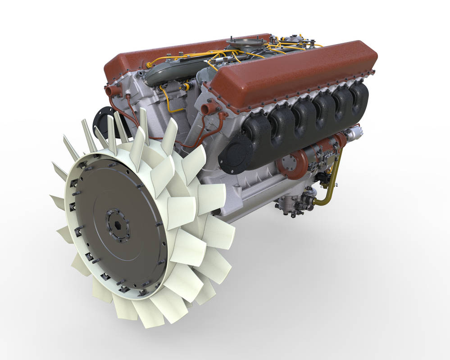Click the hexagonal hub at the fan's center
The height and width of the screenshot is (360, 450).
[118, 223]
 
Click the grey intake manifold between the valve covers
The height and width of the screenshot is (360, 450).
[162, 74]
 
